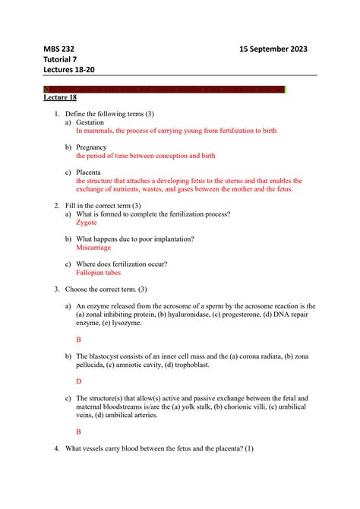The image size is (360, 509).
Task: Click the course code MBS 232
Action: pos(60,49)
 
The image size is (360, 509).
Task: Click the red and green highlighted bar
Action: pos(164,90)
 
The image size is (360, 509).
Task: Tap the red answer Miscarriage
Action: pos(93,248)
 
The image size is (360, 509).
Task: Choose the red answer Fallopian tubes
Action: pos(98,272)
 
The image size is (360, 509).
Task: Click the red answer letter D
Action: pos(79,381)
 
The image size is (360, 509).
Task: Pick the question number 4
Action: pos(56,447)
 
